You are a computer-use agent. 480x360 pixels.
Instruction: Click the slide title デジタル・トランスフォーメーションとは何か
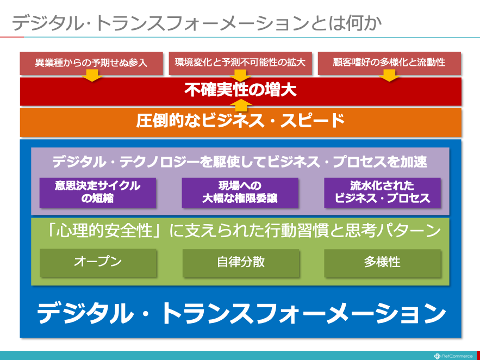point(197,23)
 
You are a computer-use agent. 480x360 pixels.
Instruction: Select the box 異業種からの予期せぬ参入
point(91,64)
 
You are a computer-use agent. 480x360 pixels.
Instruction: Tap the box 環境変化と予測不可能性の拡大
point(240,64)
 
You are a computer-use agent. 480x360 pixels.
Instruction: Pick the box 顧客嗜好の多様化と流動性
point(389,64)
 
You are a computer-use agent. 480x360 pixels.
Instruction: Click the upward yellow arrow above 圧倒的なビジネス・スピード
point(240,105)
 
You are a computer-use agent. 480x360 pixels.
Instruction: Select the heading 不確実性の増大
point(240,91)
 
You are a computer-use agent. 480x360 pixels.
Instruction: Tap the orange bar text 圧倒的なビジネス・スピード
point(240,121)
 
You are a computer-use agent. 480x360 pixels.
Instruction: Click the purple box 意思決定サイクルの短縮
point(98,193)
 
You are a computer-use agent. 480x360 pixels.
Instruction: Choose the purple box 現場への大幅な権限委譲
point(240,193)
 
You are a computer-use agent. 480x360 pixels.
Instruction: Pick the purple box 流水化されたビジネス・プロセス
point(382,193)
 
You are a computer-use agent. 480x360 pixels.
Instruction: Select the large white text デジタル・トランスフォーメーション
point(241,313)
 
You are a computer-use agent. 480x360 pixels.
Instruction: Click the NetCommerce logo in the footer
point(453,356)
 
